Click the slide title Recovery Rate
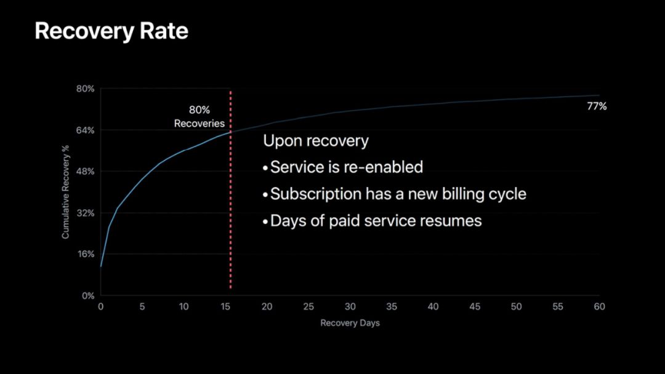111,31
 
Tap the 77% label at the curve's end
597,106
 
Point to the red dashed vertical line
231,189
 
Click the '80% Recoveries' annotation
199,116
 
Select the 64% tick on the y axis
85,130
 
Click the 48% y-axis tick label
85,172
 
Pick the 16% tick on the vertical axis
85,254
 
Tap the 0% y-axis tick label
88,296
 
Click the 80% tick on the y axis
85,89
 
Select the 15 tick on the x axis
225,307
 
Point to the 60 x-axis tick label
599,307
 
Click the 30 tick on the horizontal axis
350,307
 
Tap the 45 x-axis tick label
475,307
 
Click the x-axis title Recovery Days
350,323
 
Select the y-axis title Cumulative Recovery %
65,192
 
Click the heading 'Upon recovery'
316,141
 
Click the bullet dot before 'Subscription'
265,195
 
